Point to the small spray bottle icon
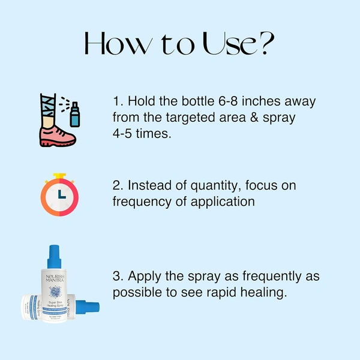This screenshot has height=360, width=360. (x=74, y=115)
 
